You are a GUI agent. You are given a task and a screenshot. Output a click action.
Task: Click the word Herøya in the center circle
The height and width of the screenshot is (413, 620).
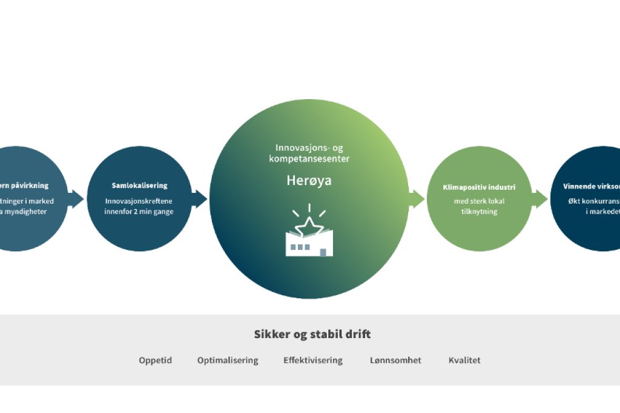309,180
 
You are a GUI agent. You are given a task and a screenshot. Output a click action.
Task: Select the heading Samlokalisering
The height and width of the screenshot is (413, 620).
139,186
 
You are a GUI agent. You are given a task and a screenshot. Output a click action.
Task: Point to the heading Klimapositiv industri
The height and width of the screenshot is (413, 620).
479,187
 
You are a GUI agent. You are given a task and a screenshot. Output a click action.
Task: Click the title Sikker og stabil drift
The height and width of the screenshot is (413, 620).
312,334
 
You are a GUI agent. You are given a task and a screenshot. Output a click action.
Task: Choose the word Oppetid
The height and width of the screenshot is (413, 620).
155,360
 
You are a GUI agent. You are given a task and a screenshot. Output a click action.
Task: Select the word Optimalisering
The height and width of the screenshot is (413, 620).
228,360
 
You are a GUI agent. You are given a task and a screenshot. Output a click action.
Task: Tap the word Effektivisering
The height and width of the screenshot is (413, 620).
313,360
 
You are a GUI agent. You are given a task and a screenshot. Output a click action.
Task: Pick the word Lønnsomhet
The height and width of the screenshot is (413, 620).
395,360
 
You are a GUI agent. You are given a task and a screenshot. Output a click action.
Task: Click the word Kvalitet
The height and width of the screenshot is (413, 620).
464,360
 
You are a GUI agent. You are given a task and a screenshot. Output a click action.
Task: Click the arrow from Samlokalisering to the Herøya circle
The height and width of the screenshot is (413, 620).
200,198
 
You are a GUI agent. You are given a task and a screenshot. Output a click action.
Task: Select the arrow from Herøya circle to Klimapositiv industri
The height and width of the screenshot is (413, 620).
417,198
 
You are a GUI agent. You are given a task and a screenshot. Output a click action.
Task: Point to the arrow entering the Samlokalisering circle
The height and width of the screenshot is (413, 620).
77,198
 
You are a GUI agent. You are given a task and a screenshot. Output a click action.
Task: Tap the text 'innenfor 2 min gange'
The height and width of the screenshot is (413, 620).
139,212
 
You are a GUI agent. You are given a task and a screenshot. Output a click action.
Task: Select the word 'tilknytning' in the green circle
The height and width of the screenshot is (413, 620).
479,212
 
